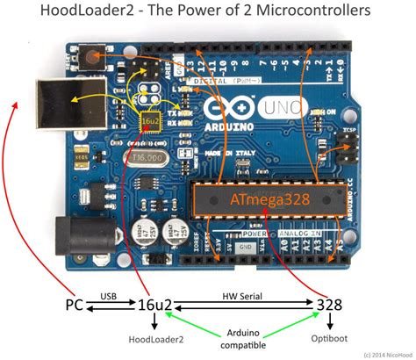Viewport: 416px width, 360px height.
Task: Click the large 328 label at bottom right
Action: tap(331, 304)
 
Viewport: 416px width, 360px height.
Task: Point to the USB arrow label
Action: tap(109, 296)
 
